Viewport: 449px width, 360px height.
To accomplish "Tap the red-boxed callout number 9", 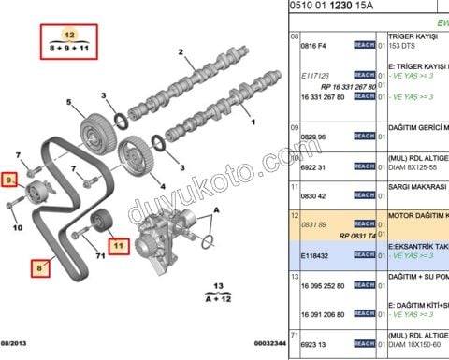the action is click(11, 178).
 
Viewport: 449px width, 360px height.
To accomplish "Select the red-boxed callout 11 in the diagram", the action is click(117, 247).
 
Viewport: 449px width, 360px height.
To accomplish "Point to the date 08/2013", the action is click(18, 345).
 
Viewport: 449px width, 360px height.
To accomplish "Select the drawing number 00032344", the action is click(259, 345).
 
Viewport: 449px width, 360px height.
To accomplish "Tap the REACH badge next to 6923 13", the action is click(364, 344).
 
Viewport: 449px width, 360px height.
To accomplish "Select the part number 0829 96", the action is click(312, 137).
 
